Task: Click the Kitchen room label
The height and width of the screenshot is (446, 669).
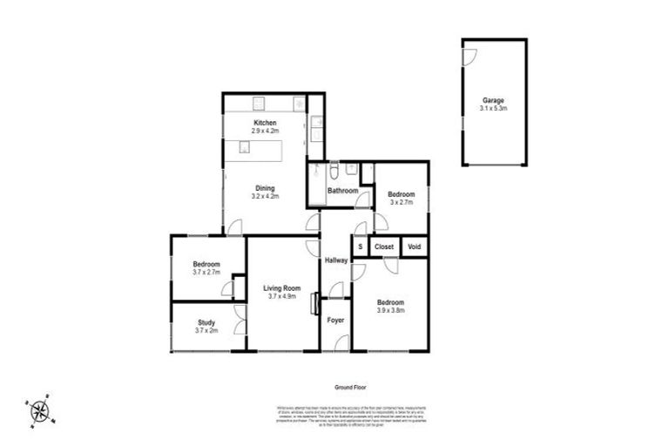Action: point(266,123)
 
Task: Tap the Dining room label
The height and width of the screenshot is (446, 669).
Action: point(265,188)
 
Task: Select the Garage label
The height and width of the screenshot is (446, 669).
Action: point(494,100)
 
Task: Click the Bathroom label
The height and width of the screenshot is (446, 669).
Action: point(342,191)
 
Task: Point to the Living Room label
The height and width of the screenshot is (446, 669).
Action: point(282,288)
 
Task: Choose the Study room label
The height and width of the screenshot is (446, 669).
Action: point(206,322)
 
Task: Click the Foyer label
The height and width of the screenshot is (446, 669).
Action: point(335,321)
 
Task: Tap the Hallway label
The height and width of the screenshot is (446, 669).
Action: point(336,260)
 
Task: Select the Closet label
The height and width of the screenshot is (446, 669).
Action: point(384,247)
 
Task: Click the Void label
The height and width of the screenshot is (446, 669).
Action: point(415,247)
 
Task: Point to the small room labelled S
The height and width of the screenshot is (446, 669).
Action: point(360,247)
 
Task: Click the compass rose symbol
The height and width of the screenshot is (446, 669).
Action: point(39,410)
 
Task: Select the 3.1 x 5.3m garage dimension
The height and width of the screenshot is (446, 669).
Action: point(494,108)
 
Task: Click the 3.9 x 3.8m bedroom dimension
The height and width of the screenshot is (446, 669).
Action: point(389,311)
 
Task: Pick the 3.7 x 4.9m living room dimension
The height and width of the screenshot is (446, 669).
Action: point(282,297)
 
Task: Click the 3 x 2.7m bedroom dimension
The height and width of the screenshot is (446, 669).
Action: point(401,202)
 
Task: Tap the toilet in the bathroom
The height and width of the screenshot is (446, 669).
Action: point(335,169)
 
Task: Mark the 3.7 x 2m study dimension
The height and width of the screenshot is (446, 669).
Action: point(206,331)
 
